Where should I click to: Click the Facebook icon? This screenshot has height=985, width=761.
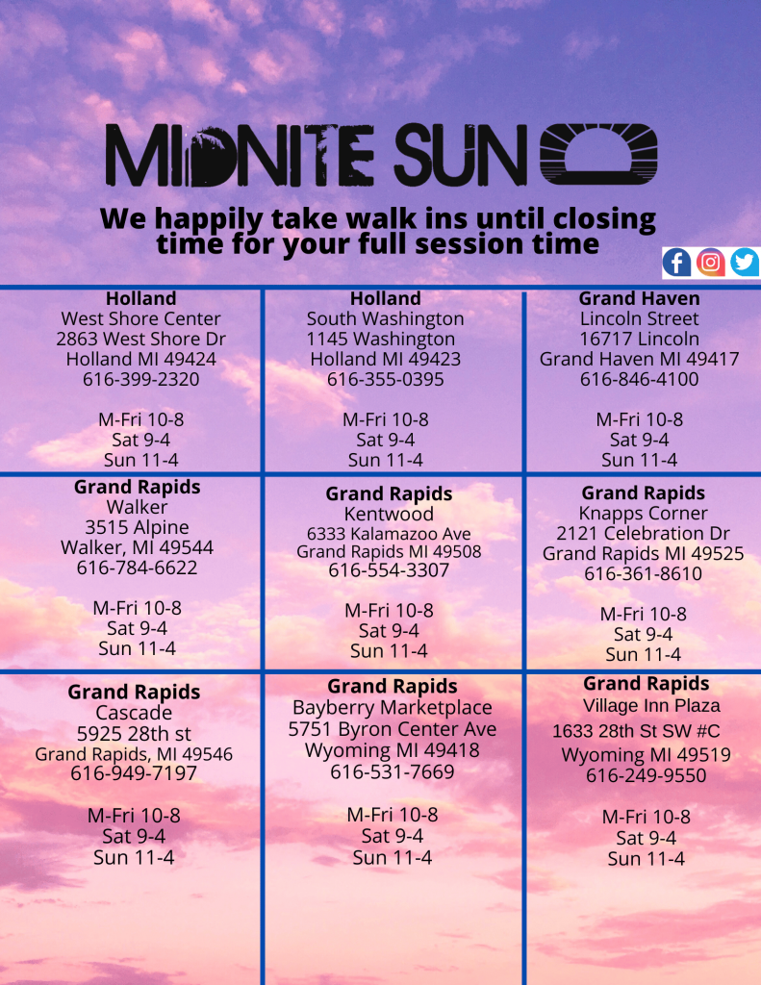click(677, 262)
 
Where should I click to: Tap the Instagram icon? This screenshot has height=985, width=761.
click(711, 262)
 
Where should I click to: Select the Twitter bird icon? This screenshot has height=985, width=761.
click(745, 262)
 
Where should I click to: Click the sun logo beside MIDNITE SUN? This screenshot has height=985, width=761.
click(598, 154)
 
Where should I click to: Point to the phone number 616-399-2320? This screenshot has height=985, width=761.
click(140, 379)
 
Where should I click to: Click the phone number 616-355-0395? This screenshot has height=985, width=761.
click(385, 379)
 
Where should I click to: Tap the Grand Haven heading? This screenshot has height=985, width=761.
click(639, 298)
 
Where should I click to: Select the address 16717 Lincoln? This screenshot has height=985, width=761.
click(639, 339)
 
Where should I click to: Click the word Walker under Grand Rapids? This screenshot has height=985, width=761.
click(138, 507)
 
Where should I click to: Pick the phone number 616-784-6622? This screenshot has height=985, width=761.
click(137, 568)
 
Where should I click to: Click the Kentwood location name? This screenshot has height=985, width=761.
click(389, 514)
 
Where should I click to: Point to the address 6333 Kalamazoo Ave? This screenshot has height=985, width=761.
click(389, 533)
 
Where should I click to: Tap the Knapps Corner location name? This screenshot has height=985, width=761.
click(643, 514)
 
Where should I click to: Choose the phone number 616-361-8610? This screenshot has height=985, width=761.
click(643, 574)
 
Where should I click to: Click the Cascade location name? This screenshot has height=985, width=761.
click(134, 713)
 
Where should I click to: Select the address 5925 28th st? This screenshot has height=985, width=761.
click(134, 734)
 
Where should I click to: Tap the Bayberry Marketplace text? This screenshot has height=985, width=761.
click(393, 708)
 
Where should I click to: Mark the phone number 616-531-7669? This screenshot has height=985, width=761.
click(393, 771)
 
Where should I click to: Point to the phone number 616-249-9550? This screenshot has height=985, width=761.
click(646, 775)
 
